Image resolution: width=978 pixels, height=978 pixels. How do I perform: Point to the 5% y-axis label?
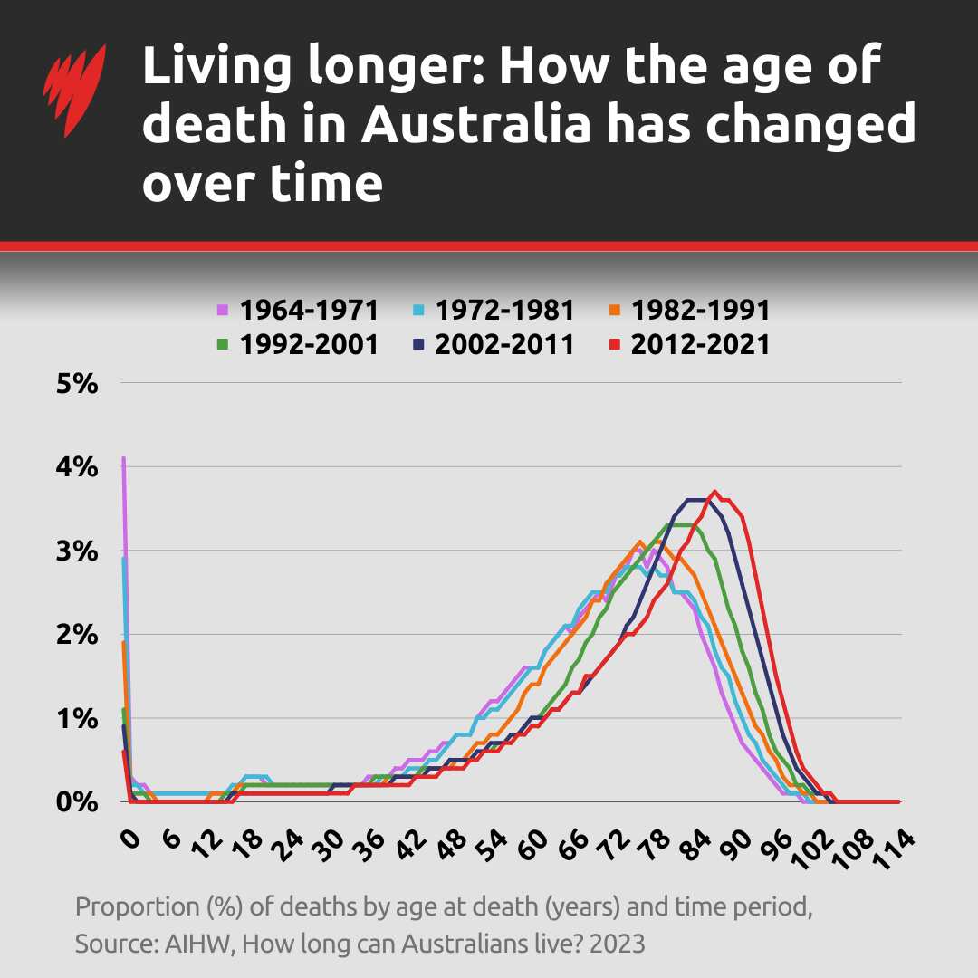point(76,383)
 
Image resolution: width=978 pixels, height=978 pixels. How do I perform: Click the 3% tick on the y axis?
point(76,551)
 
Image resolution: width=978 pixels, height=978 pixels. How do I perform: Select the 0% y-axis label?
point(76,802)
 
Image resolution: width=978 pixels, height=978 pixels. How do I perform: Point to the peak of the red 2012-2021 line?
point(714,492)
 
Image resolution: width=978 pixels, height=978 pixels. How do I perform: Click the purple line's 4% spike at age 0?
point(123,459)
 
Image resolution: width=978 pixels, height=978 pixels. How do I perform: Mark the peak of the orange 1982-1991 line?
point(640,542)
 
